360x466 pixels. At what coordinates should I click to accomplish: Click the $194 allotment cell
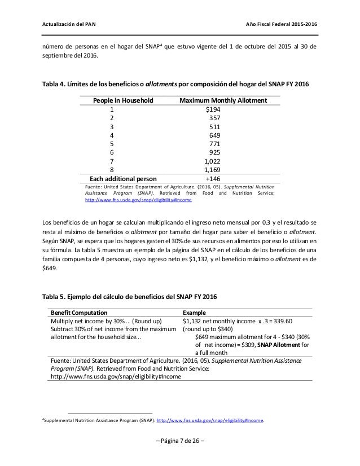(212, 110)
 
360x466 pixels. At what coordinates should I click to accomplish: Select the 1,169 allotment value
(212, 169)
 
